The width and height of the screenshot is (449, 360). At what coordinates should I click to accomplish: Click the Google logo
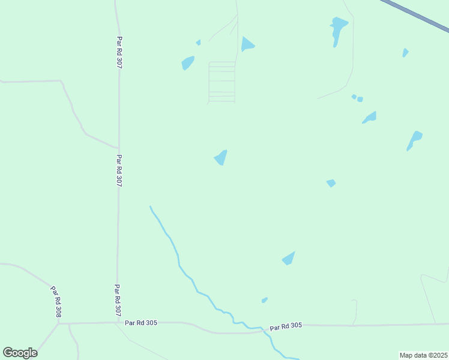point(20,353)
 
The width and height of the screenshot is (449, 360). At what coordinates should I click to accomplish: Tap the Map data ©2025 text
point(423,355)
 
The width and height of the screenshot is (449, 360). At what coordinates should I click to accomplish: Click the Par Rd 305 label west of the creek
point(141,323)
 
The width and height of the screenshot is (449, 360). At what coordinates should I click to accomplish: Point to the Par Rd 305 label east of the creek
point(286,326)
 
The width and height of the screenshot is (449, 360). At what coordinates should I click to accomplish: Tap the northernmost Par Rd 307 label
point(119,53)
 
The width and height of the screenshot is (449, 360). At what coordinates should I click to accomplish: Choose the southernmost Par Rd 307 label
point(118,301)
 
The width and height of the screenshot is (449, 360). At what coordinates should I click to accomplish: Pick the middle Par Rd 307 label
point(119,171)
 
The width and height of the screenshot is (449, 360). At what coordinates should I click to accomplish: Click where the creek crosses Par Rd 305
point(264,329)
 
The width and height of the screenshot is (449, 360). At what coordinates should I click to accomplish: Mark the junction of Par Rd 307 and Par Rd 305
point(117,323)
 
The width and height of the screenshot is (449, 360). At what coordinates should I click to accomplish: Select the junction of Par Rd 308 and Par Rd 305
point(59,324)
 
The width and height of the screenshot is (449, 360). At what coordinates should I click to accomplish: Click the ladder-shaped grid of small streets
point(221,82)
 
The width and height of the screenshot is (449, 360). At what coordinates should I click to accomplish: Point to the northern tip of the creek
point(150,207)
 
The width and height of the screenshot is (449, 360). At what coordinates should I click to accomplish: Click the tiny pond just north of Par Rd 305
point(264,300)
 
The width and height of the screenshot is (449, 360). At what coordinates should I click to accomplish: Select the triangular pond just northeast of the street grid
point(246,44)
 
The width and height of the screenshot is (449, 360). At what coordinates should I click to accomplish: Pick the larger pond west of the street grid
point(188,62)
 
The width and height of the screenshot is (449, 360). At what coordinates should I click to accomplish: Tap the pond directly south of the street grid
point(221,157)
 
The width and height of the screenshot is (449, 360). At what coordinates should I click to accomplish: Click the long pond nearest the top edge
point(338,29)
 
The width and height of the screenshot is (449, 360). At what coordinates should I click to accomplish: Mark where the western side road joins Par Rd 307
point(118,148)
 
